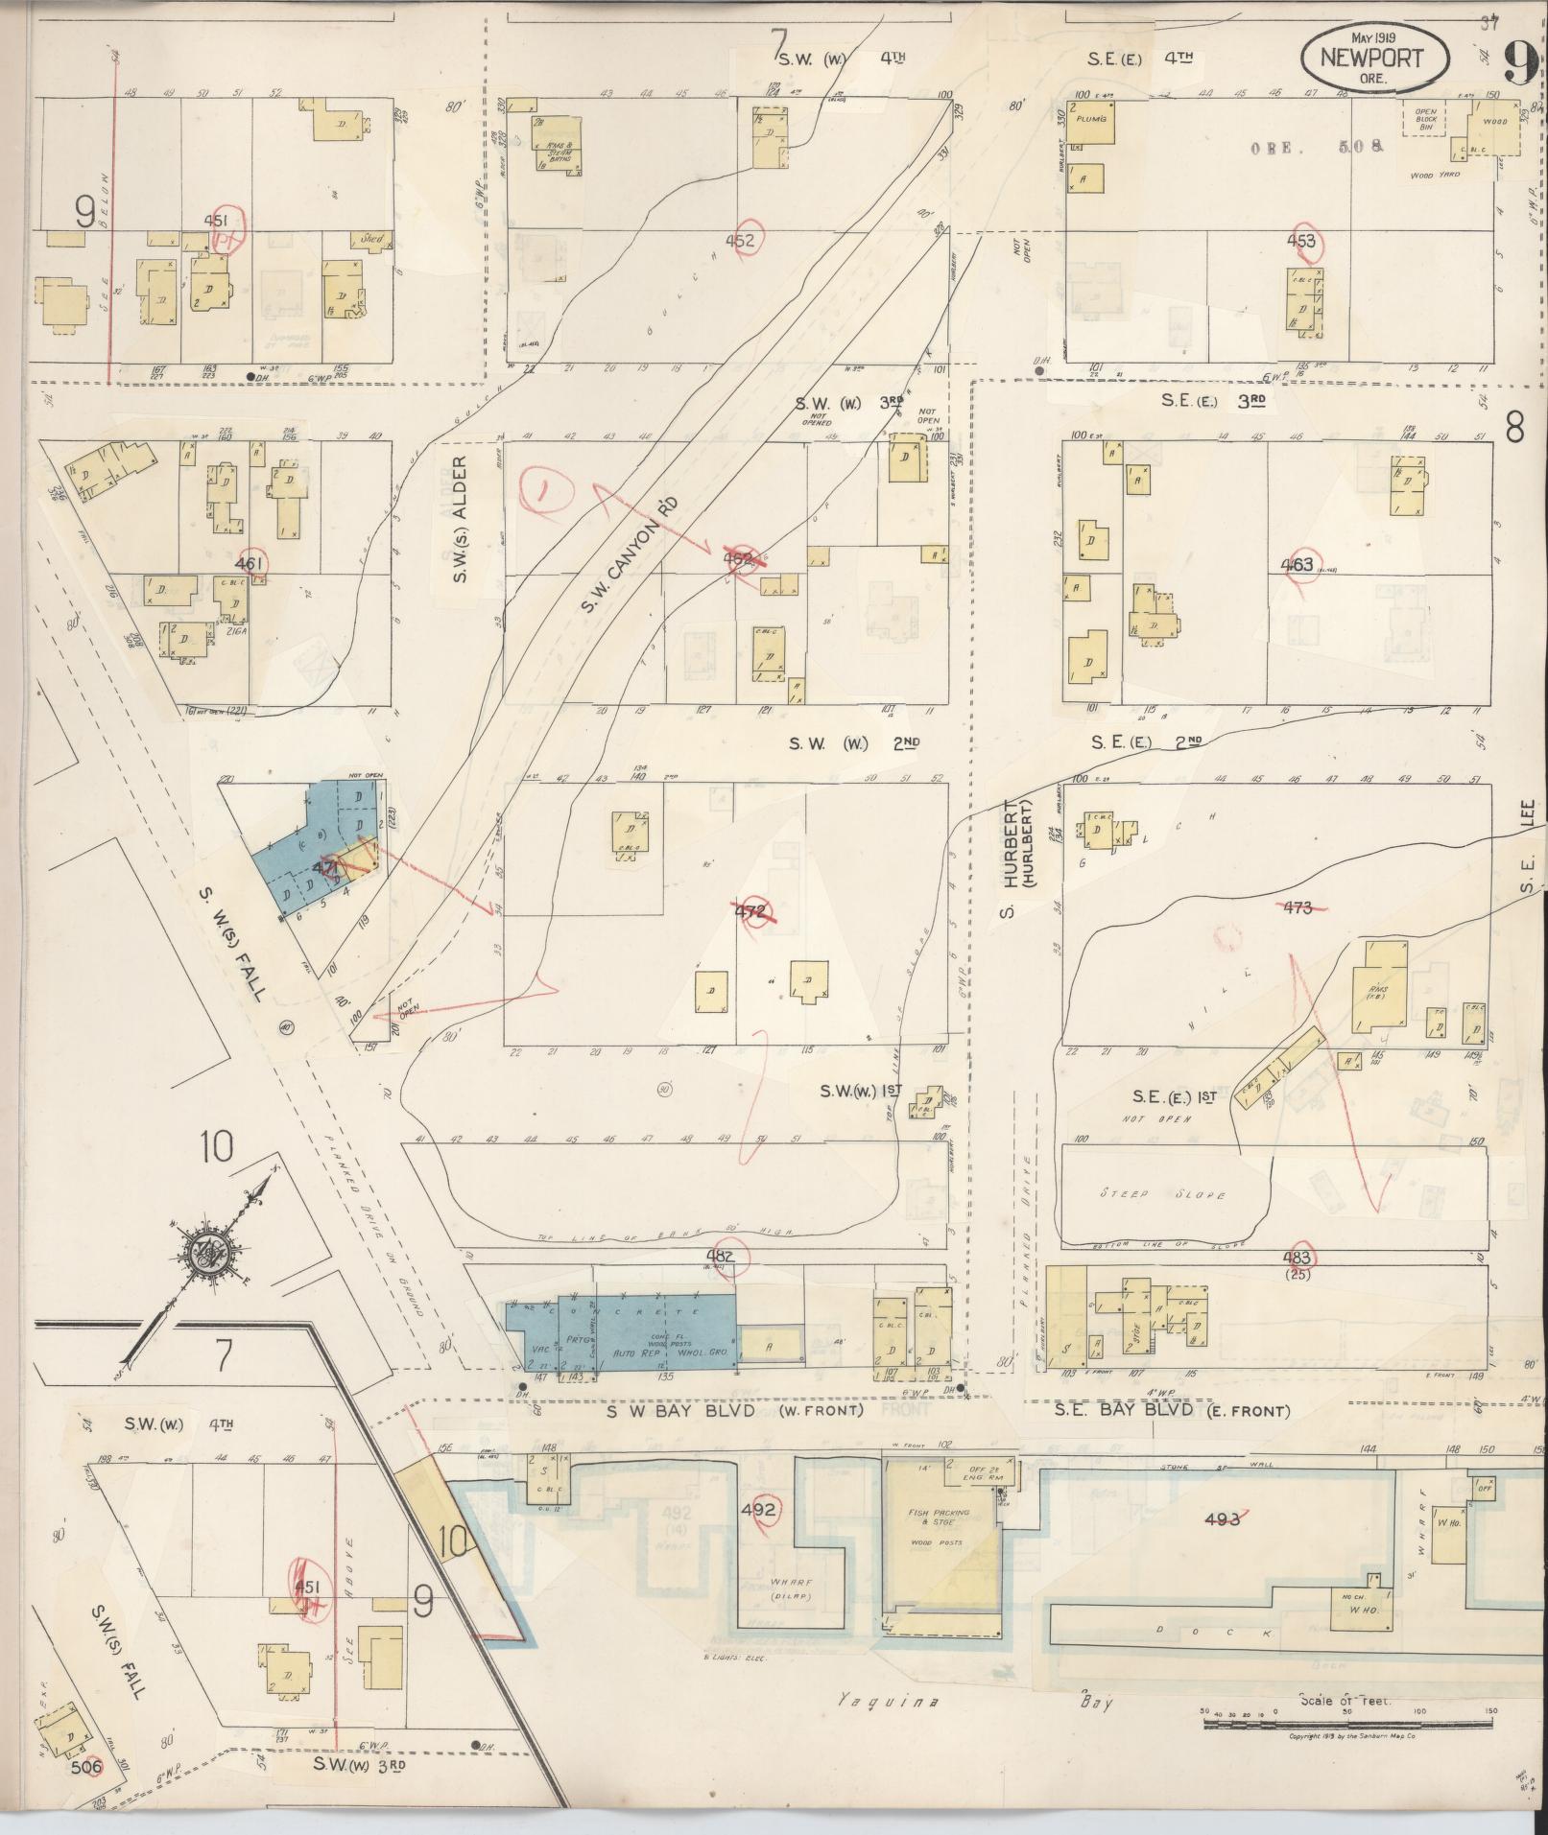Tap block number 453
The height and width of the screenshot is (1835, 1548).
1300,241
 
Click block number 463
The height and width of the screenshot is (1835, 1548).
1297,565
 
